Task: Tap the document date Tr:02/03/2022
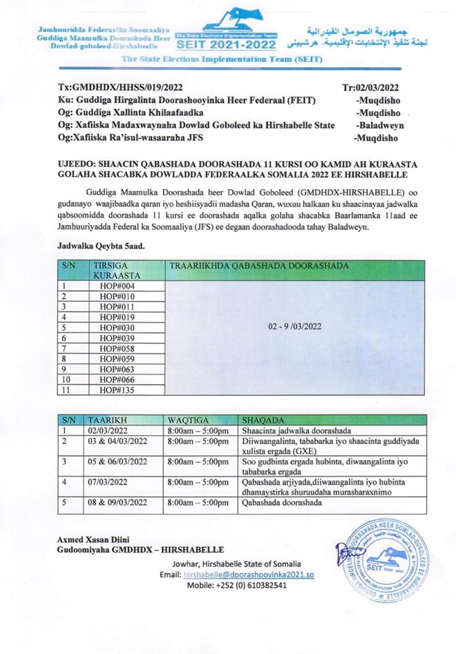(370, 88)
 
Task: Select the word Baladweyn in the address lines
(380, 125)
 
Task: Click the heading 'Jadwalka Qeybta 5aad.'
(98, 244)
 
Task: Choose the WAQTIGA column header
(187, 419)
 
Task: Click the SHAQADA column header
(260, 419)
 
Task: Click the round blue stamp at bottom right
(384, 557)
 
